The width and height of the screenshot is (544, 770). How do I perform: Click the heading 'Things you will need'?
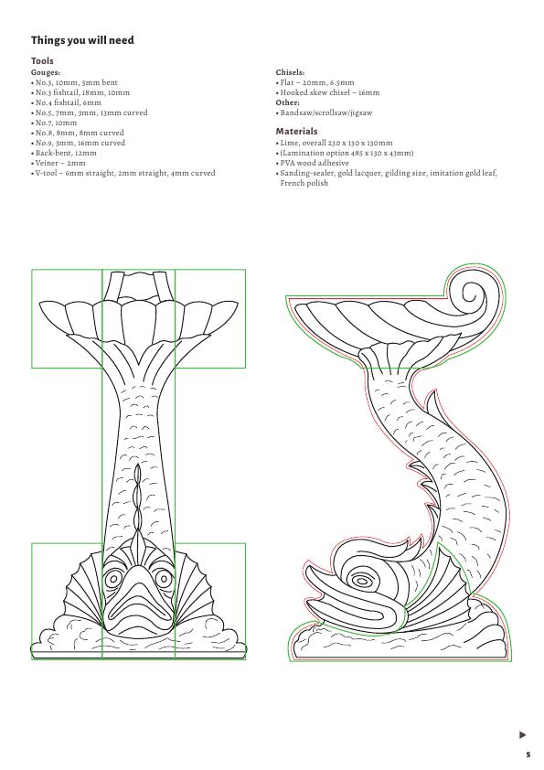tap(82, 40)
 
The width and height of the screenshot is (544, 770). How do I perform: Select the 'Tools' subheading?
tap(42, 61)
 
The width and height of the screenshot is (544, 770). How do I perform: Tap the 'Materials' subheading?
tap(296, 131)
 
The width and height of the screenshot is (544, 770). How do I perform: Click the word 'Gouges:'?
tap(46, 72)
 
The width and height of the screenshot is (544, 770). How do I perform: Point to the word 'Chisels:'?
tap(290, 72)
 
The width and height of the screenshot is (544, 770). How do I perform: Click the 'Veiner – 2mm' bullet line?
tap(58, 163)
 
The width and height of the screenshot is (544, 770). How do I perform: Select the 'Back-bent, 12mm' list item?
tap(64, 153)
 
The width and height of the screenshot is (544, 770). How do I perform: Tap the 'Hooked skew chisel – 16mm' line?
tap(327, 92)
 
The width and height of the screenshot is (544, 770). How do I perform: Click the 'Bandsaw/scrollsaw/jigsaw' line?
tap(324, 112)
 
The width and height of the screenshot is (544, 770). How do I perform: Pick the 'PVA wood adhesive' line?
tap(313, 163)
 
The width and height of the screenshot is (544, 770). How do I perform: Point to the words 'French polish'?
tap(304, 183)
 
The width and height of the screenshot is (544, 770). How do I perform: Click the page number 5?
tap(528, 754)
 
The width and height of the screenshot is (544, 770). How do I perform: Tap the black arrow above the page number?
tap(522, 734)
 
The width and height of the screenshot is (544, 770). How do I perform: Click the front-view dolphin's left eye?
tap(113, 579)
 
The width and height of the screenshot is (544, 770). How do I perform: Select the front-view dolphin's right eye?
tap(164, 579)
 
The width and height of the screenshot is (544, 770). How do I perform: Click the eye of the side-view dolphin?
tap(362, 582)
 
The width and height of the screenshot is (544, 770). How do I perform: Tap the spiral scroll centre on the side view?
tap(473, 295)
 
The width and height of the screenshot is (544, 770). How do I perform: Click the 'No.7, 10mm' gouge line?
tap(54, 123)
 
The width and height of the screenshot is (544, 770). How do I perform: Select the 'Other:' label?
tap(288, 102)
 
